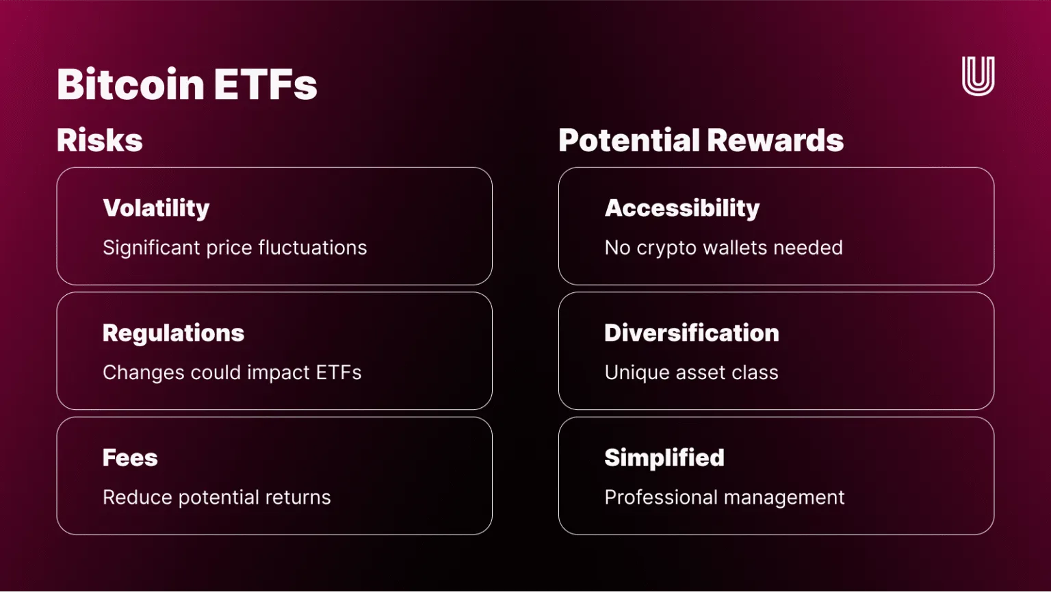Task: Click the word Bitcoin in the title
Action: point(131,84)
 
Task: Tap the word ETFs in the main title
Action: point(265,84)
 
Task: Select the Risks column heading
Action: point(99,140)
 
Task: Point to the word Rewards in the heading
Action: point(775,140)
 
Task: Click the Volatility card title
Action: point(156,208)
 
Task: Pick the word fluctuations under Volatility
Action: point(313,248)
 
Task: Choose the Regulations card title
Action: point(173,333)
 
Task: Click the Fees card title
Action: point(130,458)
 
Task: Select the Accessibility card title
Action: point(682,208)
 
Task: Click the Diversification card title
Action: point(692,333)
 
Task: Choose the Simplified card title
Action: point(664,458)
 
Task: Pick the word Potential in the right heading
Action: point(630,140)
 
